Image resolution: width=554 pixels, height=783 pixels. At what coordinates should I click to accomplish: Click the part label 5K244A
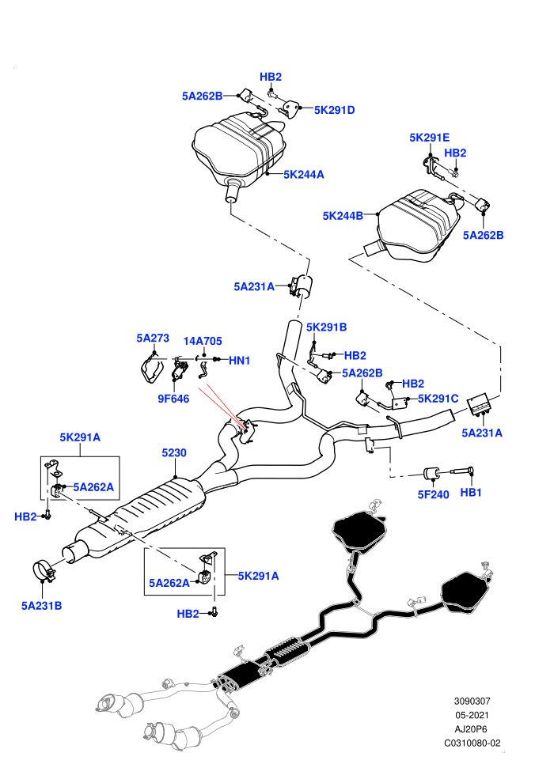(x=304, y=174)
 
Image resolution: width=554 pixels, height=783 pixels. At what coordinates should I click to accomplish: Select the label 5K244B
(x=343, y=216)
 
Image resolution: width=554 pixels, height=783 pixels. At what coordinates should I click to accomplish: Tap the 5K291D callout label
(x=334, y=110)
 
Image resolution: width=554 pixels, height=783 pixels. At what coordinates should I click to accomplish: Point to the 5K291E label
(x=430, y=138)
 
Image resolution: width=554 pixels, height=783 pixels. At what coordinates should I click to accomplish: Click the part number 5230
(x=174, y=453)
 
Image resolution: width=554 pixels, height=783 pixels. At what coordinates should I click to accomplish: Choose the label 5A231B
(x=41, y=606)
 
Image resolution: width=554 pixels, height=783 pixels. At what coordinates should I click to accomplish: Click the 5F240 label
(x=433, y=494)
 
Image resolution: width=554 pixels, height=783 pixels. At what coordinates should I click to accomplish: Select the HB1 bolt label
(x=471, y=493)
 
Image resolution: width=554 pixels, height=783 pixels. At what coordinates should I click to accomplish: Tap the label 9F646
(x=173, y=399)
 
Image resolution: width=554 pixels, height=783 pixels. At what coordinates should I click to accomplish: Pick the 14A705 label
(x=203, y=341)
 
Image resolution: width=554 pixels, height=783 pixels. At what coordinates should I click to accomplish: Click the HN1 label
(x=239, y=361)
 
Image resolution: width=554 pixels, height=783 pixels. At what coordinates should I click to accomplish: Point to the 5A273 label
(x=153, y=338)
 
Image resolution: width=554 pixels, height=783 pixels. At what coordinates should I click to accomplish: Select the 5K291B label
(x=326, y=327)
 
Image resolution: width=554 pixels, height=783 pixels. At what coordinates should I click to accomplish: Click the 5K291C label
(x=438, y=399)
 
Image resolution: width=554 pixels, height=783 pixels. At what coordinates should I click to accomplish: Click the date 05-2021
(x=472, y=715)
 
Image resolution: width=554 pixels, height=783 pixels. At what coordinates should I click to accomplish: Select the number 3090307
(x=472, y=701)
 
